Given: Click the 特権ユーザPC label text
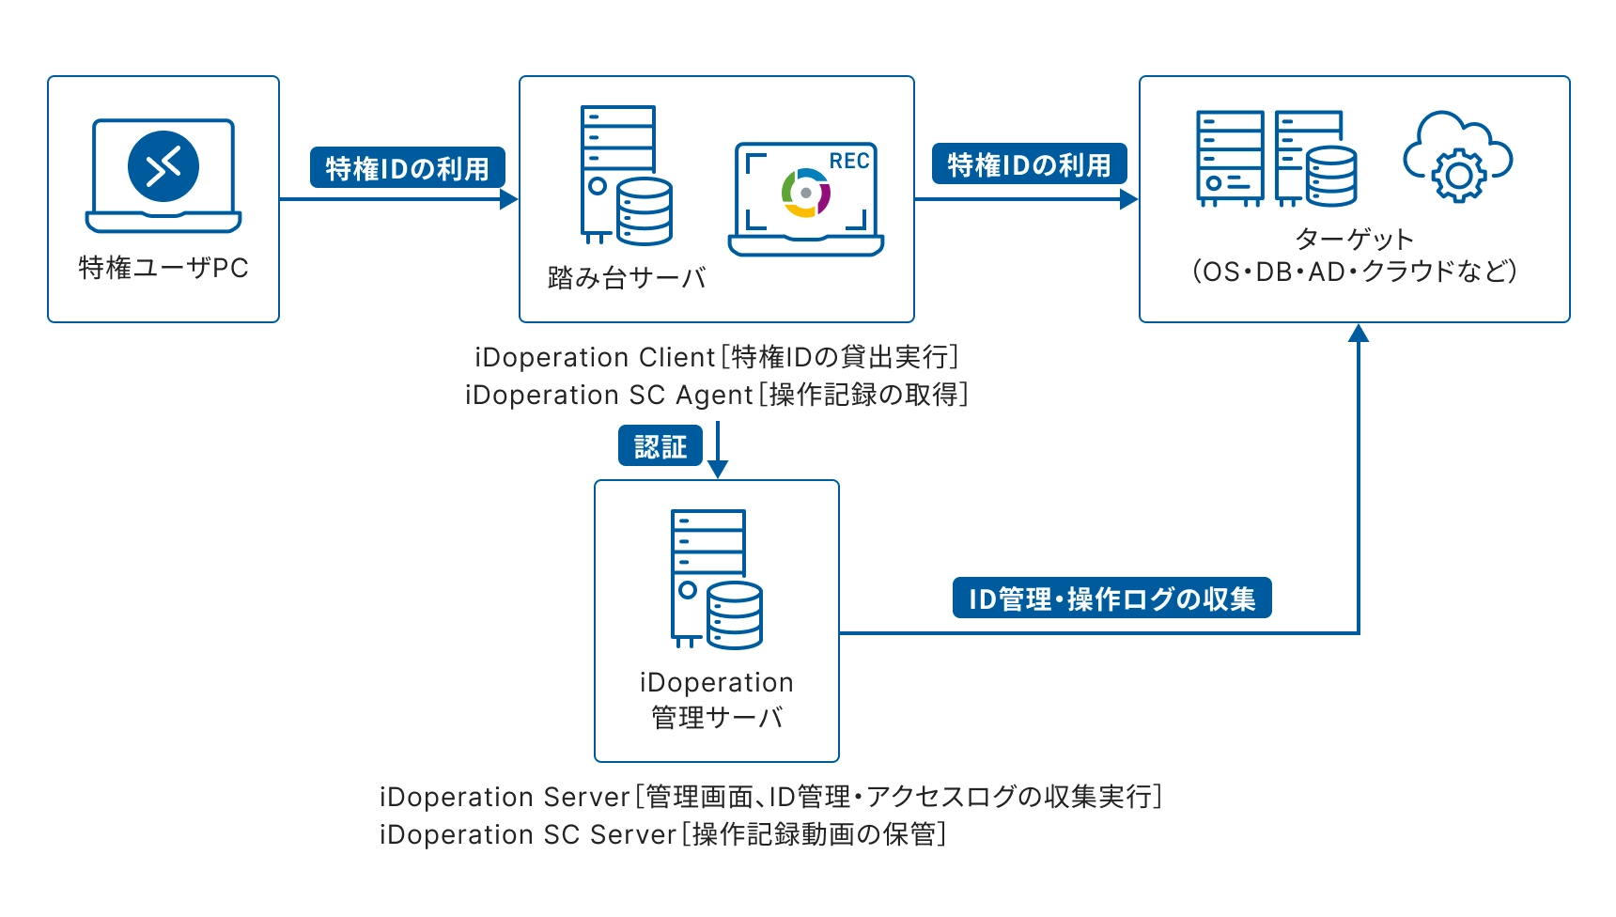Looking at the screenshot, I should (163, 268).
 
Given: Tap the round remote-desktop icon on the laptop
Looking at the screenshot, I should (163, 166).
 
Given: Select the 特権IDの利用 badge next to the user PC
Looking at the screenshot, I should (407, 168).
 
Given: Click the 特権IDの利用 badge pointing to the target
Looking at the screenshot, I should (1029, 164).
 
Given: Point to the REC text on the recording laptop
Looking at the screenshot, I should (848, 162).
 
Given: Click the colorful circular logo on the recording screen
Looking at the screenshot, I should (805, 193).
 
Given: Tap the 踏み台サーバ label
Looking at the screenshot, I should (626, 278).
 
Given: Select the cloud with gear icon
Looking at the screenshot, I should (1456, 157).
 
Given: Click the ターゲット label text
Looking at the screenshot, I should (1353, 239).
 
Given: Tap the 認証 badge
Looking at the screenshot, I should (660, 446).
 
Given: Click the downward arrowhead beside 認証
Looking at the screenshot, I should (717, 469).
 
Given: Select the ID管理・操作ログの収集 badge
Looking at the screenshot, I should (1111, 598).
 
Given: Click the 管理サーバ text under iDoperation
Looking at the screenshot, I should (717, 718).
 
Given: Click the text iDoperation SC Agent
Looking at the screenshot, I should (609, 396).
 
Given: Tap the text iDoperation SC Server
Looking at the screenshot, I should (527, 834).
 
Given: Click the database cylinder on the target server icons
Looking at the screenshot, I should (1331, 176).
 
